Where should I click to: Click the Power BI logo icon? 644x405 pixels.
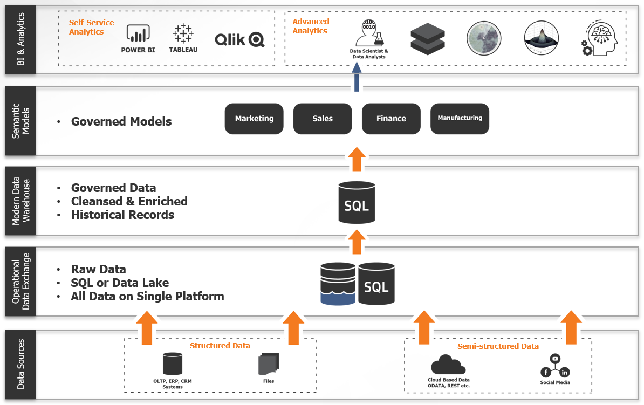coord(138,34)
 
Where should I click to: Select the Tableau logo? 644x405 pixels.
coord(183,34)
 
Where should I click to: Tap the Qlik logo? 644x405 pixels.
coord(239,39)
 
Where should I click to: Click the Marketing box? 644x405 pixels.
coord(254,119)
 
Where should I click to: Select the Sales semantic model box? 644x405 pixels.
coord(323,119)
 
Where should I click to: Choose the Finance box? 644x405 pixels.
coord(391,119)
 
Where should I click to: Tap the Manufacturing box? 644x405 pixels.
coord(460,119)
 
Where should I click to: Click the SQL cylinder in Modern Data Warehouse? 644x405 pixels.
coord(357,203)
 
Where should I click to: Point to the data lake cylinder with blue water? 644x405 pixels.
coord(338,284)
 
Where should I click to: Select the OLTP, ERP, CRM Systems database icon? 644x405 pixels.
coord(173,364)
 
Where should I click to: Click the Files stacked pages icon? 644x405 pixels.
coord(268,365)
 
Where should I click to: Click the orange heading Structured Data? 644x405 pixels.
coord(220,346)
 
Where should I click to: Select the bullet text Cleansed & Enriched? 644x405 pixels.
coord(129,201)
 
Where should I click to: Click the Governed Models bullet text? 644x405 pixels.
coord(121,121)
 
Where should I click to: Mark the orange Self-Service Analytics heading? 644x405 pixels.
coord(91,28)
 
